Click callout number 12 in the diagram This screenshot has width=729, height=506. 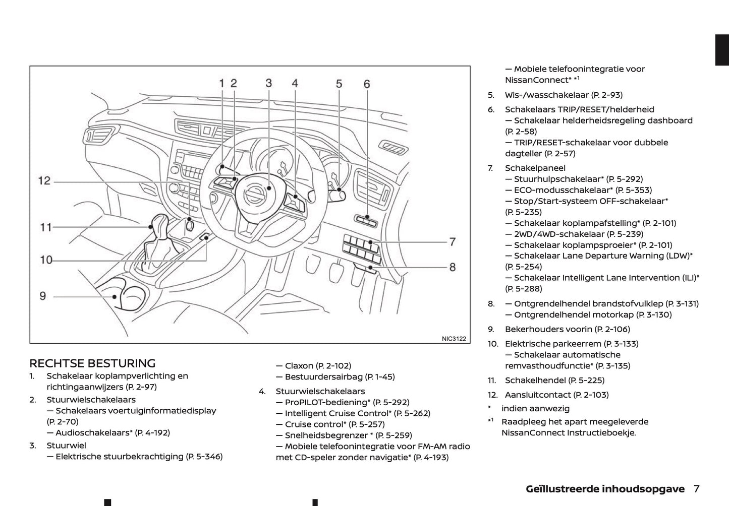44,180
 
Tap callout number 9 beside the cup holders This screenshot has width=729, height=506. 43,296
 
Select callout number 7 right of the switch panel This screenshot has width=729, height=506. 452,242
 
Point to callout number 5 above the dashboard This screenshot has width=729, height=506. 339,84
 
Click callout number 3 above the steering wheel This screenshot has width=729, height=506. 269,83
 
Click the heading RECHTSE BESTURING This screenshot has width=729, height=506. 92,363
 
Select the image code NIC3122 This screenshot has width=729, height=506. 454,339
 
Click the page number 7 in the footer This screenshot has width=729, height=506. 697,489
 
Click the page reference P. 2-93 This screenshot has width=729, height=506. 607,95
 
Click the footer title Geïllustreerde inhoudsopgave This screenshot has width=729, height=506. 605,489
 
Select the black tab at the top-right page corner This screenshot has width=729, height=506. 722,50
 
